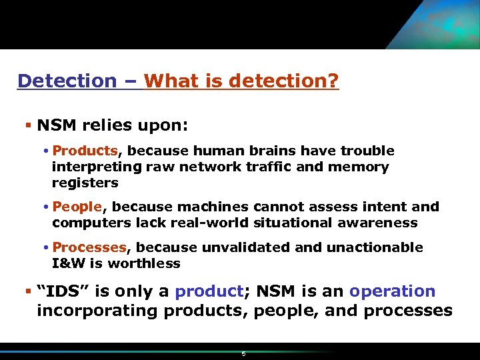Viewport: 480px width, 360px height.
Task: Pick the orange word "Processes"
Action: [x=89, y=247]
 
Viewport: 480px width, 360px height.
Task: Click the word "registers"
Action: [x=85, y=183]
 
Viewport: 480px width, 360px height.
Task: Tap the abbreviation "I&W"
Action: [x=65, y=263]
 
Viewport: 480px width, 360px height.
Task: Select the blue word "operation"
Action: [x=392, y=291]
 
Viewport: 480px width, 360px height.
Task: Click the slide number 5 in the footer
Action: [x=243, y=353]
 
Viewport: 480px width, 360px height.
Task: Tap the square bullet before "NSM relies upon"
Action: [x=26, y=125]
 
